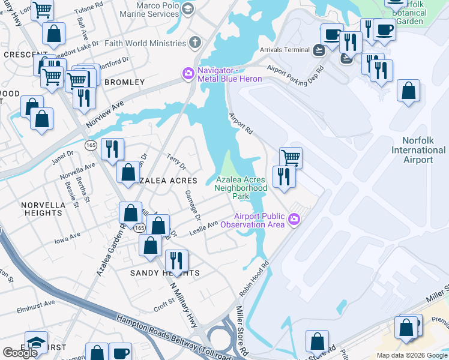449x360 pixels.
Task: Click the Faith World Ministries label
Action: tap(145, 43)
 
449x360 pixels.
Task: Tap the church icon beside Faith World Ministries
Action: tap(194, 43)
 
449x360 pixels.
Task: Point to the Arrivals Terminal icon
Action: tap(319, 50)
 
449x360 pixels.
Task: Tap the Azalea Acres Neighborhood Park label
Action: tap(241, 188)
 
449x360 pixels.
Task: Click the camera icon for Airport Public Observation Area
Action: tap(294, 220)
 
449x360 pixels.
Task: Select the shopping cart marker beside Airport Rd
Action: tap(291, 158)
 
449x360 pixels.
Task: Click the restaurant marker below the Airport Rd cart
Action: tap(283, 176)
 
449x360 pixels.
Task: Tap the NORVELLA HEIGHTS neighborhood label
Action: tap(43, 208)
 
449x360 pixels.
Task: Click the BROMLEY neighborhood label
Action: tap(125, 82)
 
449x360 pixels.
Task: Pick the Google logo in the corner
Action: tap(20, 352)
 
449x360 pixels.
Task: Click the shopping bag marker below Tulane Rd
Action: tap(54, 34)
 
